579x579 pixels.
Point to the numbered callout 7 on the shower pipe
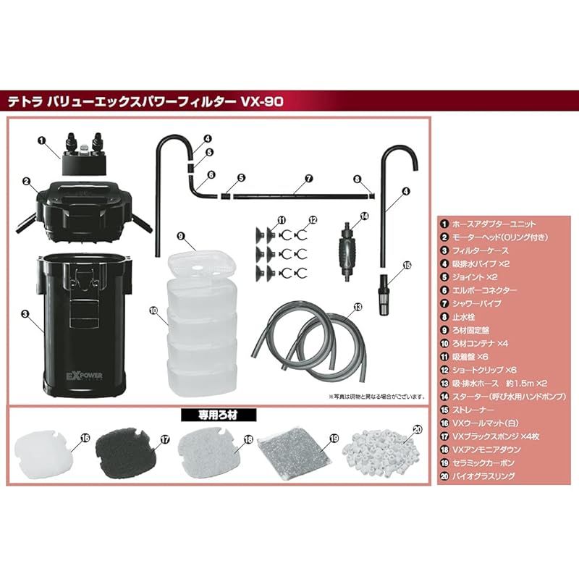coord(308,178)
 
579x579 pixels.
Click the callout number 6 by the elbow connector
coord(211,174)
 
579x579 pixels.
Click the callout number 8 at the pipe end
coord(357,178)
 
